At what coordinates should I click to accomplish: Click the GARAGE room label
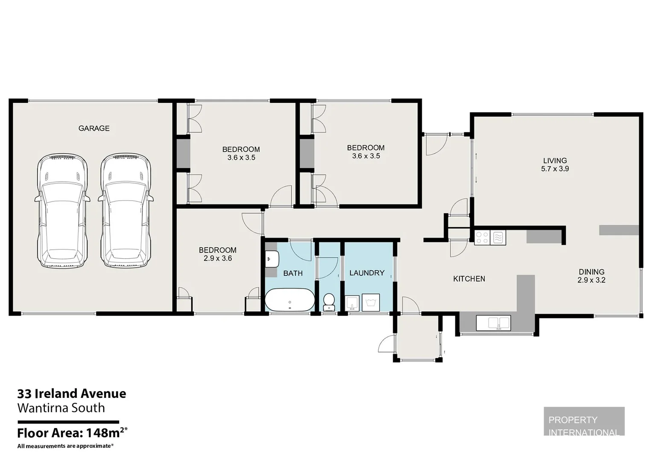(x=94, y=128)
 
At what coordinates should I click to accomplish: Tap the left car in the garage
(x=62, y=210)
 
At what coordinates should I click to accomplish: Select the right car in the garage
(x=126, y=210)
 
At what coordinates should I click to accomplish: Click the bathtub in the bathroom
(x=289, y=300)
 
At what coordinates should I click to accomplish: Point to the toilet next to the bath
(x=329, y=302)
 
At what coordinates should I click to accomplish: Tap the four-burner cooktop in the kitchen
(x=482, y=237)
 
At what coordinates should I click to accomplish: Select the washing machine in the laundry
(x=371, y=303)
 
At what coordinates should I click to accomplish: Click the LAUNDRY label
(x=367, y=273)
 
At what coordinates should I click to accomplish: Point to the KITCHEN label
(x=469, y=279)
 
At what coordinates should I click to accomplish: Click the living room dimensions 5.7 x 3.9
(x=555, y=169)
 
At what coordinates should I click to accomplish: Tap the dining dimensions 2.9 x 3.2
(x=591, y=280)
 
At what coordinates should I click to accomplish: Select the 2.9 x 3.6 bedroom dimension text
(x=218, y=258)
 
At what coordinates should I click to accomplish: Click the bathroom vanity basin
(x=272, y=259)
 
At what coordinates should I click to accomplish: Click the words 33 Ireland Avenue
(x=72, y=394)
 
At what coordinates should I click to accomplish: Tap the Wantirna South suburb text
(x=61, y=408)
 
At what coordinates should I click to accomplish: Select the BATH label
(x=293, y=273)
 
